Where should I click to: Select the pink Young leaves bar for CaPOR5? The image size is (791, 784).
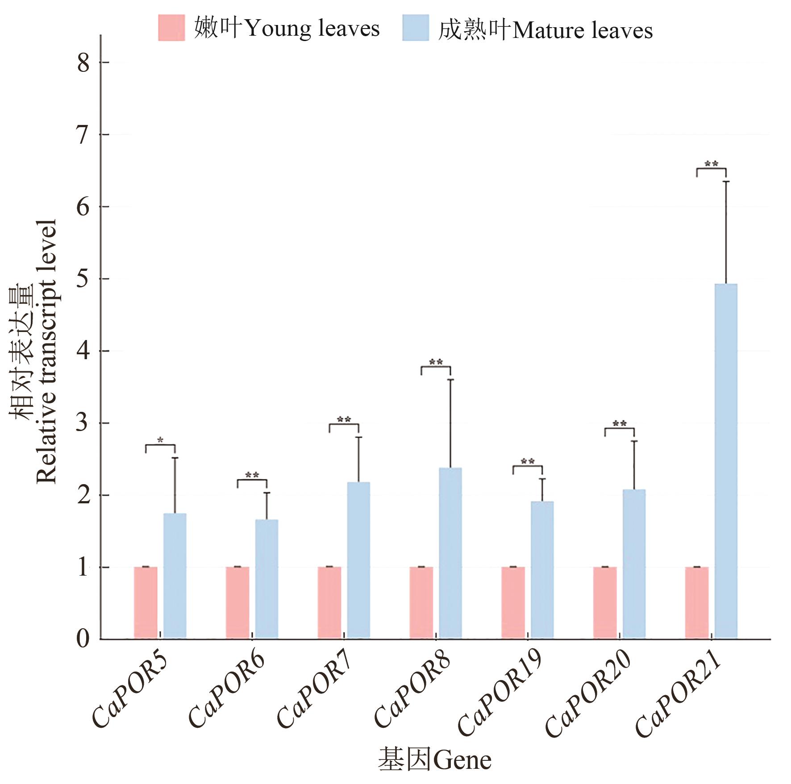[x=146, y=602]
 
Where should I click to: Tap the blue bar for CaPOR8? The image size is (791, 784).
[x=450, y=553]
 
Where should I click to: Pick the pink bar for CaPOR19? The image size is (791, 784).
[x=513, y=602]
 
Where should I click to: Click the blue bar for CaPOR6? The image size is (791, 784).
[x=266, y=579]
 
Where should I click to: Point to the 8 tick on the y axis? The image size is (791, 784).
[x=83, y=62]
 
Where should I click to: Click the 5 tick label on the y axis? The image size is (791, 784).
[x=83, y=279]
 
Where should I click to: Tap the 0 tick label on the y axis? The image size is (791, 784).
[x=83, y=639]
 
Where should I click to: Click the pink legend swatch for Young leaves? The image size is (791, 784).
[x=171, y=28]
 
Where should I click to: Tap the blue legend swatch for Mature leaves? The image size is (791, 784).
[x=415, y=28]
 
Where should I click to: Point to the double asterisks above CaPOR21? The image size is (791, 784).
[x=711, y=164]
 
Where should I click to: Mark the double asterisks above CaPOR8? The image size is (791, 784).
[x=436, y=362]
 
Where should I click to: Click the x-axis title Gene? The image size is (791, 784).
[x=435, y=759]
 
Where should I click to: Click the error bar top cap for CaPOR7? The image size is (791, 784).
[x=358, y=437]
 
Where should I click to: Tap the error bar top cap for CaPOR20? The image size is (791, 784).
[x=634, y=441]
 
